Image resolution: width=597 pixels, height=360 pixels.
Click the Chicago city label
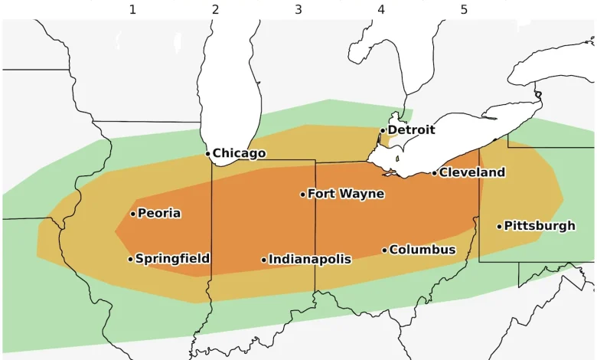pyautogui.click(x=239, y=154)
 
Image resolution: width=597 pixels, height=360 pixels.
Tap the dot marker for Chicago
pyautogui.click(x=207, y=154)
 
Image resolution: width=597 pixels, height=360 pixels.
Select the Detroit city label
pyautogui.click(x=411, y=130)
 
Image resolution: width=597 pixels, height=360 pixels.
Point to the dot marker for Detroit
pyautogui.click(x=383, y=130)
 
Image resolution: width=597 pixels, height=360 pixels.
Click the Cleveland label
pyautogui.click(x=472, y=173)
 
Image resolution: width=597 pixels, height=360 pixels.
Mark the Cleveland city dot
pyautogui.click(x=434, y=173)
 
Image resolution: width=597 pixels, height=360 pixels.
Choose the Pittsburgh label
pyautogui.click(x=540, y=226)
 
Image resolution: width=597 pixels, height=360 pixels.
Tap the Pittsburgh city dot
pyautogui.click(x=499, y=226)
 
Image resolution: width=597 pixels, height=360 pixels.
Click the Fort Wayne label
pyautogui.click(x=346, y=195)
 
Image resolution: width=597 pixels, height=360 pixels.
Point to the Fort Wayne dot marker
pyautogui.click(x=302, y=195)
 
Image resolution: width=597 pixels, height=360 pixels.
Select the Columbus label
pyautogui.click(x=422, y=250)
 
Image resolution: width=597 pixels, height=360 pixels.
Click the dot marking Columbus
pyautogui.click(x=384, y=250)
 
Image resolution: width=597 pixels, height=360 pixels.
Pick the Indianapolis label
pyautogui.click(x=310, y=260)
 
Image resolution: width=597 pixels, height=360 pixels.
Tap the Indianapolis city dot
pyautogui.click(x=264, y=260)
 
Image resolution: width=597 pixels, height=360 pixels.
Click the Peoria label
pyautogui.click(x=159, y=214)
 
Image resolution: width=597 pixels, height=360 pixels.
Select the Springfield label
pyautogui.click(x=172, y=259)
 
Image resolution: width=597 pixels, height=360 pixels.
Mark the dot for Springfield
pyautogui.click(x=130, y=259)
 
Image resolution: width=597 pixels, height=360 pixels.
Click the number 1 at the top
pyautogui.click(x=132, y=10)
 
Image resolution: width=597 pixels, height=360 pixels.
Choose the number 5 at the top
pyautogui.click(x=464, y=10)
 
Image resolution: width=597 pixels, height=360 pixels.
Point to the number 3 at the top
pyautogui.click(x=298, y=10)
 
